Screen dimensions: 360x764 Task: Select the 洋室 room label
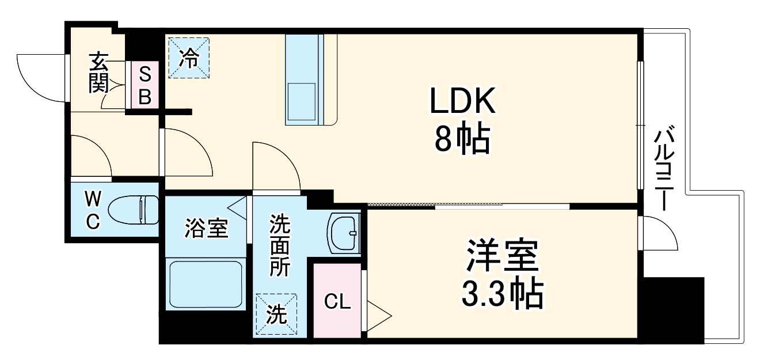click(x=502, y=257)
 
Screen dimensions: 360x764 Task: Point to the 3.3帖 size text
click(x=502, y=295)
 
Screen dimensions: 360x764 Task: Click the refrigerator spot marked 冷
click(x=188, y=56)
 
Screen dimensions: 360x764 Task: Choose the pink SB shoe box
click(x=145, y=85)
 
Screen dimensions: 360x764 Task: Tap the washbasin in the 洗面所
click(x=344, y=233)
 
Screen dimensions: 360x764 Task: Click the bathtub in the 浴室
click(x=206, y=284)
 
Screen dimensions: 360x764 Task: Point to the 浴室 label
click(x=206, y=228)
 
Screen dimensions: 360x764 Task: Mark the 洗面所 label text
click(x=280, y=245)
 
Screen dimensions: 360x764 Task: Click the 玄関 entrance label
click(x=99, y=73)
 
